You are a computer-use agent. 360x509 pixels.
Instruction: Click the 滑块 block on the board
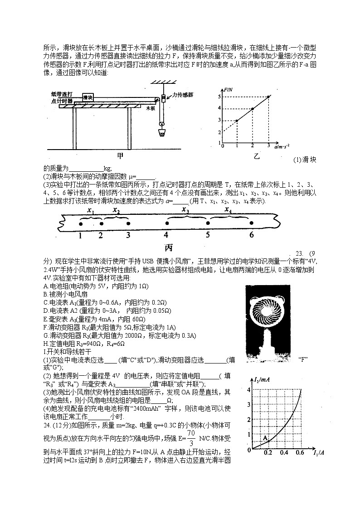pyautogui.click(x=88, y=97)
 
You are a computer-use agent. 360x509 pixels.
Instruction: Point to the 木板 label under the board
pyautogui.click(x=151, y=109)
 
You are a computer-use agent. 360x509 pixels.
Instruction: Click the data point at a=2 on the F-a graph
pyautogui.click(x=253, y=109)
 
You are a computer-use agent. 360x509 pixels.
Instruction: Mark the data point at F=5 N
pyautogui.click(x=268, y=97)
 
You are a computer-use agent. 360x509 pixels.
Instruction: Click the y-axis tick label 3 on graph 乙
pyautogui.click(x=219, y=120)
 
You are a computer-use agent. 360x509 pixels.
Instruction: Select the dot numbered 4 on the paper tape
pyautogui.click(x=167, y=223)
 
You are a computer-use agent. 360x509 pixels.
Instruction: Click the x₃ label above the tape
pyautogui.click(x=185, y=209)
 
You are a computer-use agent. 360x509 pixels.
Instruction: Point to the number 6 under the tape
pyautogui.click(x=252, y=235)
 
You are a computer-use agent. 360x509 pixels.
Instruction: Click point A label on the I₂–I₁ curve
pyautogui.click(x=265, y=438)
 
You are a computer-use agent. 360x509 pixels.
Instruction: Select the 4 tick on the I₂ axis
pyautogui.click(x=248, y=390)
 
